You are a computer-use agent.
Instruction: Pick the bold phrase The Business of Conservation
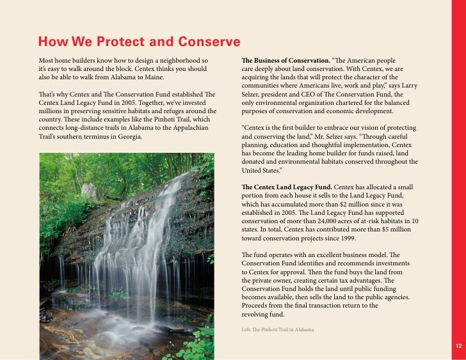[285, 61]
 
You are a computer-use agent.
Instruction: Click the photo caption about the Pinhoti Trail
[278, 329]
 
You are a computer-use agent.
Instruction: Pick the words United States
[266, 171]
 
